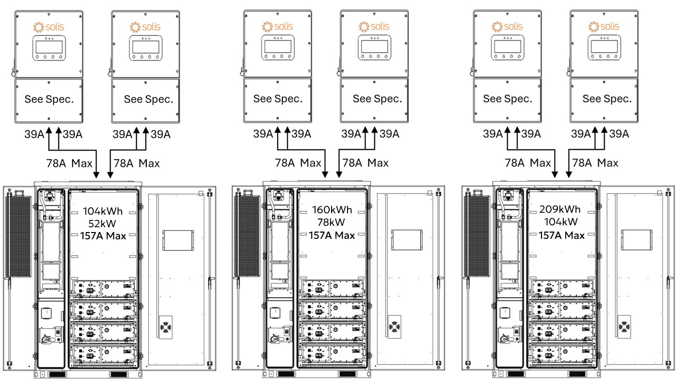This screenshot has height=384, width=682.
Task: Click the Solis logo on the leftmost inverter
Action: click(x=48, y=27)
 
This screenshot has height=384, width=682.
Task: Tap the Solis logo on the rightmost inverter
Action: click(x=603, y=26)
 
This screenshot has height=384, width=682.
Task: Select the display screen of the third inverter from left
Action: click(x=277, y=47)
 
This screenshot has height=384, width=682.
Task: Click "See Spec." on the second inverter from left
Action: click(x=148, y=99)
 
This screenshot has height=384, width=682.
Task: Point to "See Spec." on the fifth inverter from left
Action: click(x=507, y=99)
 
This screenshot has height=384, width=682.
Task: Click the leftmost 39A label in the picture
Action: click(x=34, y=134)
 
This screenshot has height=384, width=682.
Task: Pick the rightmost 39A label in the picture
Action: click(x=619, y=134)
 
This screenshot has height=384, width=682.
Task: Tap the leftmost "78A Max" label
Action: click(x=69, y=163)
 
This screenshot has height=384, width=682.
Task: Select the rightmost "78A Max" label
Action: click(x=595, y=163)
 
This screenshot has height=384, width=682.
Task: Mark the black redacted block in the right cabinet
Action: click(x=561, y=224)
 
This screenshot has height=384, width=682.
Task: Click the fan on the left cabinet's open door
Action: click(x=166, y=327)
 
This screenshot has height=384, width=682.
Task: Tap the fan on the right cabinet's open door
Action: click(x=625, y=327)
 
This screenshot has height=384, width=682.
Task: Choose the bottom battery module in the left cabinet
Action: click(x=103, y=354)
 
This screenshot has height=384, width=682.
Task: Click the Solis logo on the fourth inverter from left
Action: click(x=374, y=26)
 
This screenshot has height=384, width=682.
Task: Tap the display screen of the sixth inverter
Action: click(x=603, y=47)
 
